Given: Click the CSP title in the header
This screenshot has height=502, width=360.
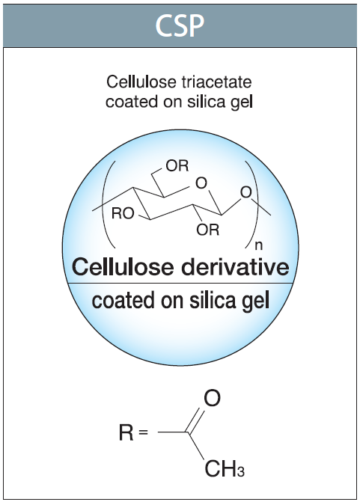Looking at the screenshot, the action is tap(180, 25).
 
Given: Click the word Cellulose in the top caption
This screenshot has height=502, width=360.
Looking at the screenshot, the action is tap(141, 82).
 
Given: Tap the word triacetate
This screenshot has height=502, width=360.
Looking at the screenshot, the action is tap(216, 82).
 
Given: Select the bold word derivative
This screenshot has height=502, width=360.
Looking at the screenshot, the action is tap(235, 266).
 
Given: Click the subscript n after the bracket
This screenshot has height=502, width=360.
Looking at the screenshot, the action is tap(259, 245).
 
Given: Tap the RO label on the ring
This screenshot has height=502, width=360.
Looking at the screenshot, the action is tap(123, 213).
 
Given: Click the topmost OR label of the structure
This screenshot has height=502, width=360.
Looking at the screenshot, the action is tap(177, 166).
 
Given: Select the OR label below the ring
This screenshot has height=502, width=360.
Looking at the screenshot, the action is tap(208, 230).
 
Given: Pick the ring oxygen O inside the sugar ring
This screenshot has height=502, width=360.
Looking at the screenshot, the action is tap(201, 183).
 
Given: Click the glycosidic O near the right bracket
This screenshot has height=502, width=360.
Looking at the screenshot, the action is tap(245, 192).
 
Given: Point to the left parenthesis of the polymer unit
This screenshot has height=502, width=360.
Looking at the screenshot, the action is tap(109, 204).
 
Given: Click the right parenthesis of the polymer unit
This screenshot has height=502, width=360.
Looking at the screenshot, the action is tap(251, 204).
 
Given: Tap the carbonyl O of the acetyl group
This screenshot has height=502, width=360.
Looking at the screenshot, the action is tap(213, 398).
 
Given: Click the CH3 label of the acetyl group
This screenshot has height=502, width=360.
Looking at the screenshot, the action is tap(225, 469).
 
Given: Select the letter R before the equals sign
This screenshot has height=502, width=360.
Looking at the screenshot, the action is tap(126, 432).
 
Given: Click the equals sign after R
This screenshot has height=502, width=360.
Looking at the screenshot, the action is tap(144, 432).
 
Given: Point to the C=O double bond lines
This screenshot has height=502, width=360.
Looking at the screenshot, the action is tap(195, 420).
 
